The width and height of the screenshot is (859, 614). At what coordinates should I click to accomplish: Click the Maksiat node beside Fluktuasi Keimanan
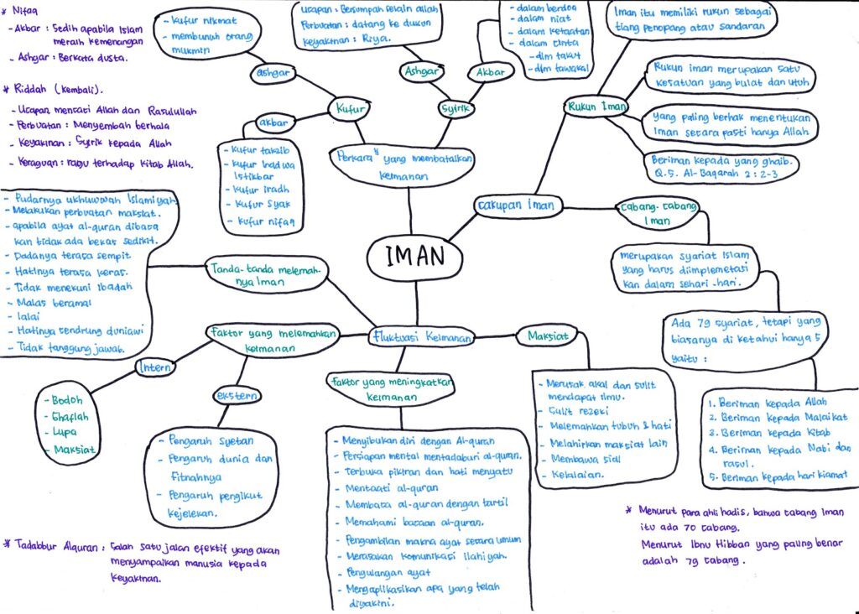(548, 336)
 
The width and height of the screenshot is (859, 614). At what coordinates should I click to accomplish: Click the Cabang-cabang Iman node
(657, 213)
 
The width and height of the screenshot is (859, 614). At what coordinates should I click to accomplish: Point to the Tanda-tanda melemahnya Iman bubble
(265, 276)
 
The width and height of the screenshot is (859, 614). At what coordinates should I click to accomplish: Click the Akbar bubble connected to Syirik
(490, 72)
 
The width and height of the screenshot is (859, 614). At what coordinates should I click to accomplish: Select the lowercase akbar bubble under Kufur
(273, 123)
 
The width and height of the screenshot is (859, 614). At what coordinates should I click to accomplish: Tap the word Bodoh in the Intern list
(69, 401)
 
